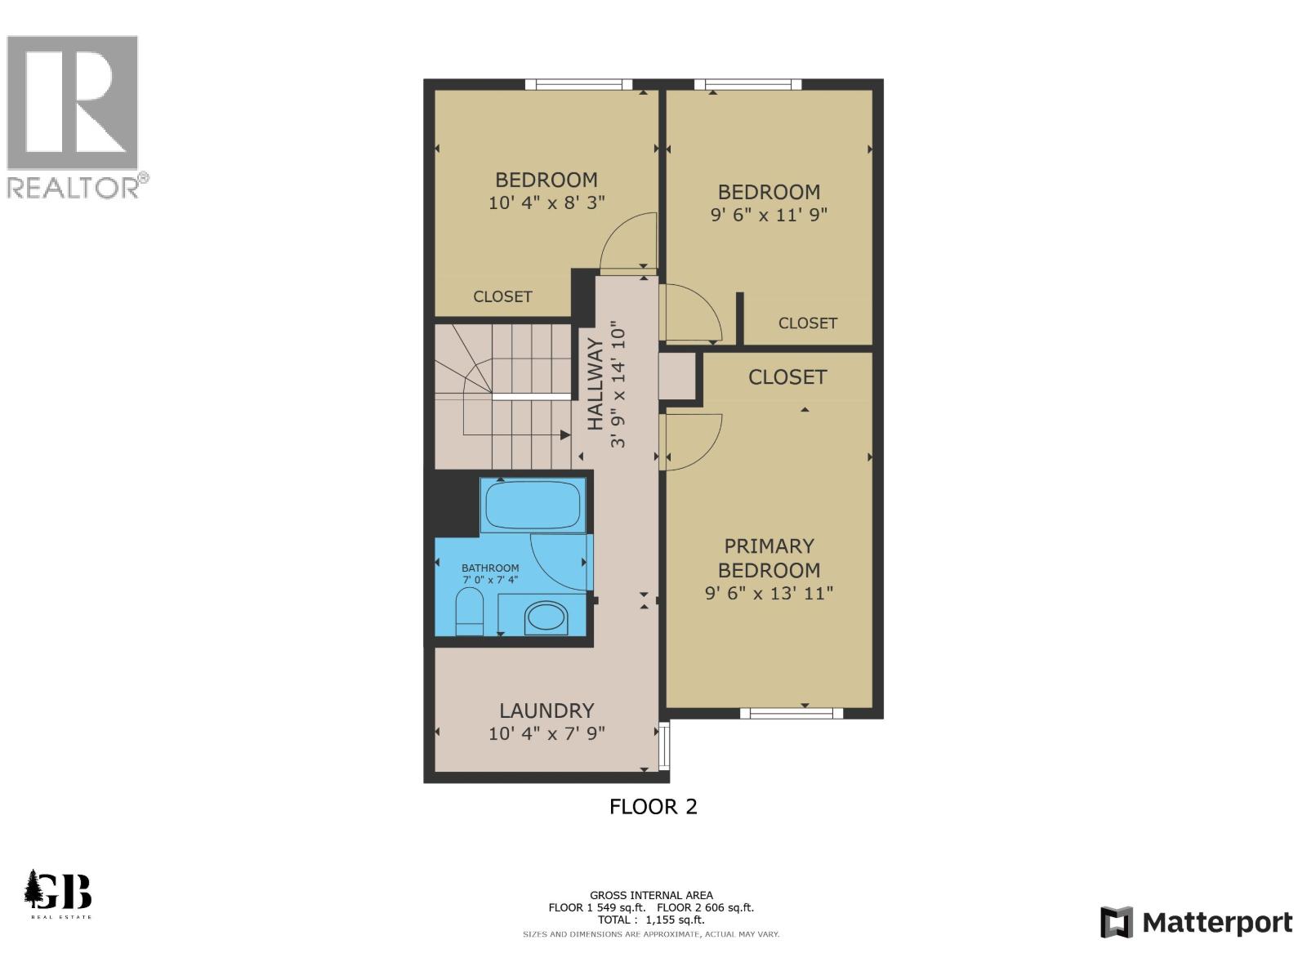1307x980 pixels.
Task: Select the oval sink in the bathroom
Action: tap(546, 618)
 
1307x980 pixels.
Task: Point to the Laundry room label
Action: tap(546, 710)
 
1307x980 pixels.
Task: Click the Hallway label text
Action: tap(596, 384)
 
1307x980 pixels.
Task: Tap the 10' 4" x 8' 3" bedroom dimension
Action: tap(546, 203)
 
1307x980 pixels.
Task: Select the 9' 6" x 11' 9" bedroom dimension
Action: tap(769, 215)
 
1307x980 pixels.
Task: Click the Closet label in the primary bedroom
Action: tap(787, 377)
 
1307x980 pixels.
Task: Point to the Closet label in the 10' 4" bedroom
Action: tap(502, 296)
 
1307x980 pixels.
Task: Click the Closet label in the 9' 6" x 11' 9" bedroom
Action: tap(807, 323)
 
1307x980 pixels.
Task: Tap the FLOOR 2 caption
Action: tap(653, 807)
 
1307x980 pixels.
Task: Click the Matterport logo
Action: tap(1197, 923)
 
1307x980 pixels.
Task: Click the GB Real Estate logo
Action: tap(58, 893)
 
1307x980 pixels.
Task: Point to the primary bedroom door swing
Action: tap(693, 441)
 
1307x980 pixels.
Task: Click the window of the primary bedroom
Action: tap(791, 714)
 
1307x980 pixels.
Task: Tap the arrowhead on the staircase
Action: tap(565, 436)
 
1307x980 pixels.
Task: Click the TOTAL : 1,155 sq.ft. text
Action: tap(651, 920)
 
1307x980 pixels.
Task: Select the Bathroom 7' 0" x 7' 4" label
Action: tap(490, 574)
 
